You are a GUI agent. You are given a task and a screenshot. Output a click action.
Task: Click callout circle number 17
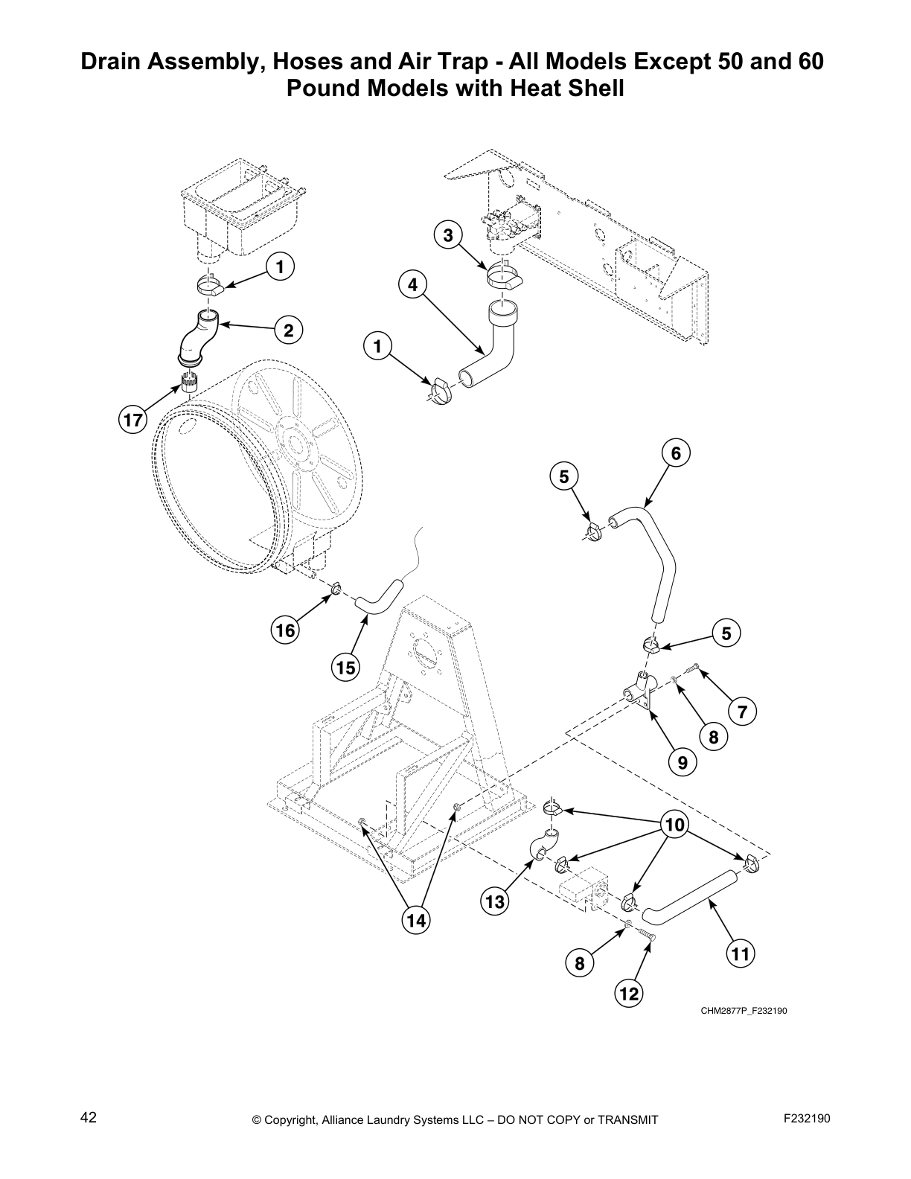coord(132,421)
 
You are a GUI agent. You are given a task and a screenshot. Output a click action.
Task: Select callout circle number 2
coord(288,330)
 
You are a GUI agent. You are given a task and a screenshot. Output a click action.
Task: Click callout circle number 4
coord(413,285)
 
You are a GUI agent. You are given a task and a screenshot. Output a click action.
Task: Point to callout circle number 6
coord(676,453)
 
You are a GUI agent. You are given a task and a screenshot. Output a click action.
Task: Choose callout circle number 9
coord(682,762)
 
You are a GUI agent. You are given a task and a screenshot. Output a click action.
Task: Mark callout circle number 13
coord(495,902)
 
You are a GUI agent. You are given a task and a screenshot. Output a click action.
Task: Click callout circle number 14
coord(416,921)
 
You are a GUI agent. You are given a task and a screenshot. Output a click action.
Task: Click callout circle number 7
coord(742,712)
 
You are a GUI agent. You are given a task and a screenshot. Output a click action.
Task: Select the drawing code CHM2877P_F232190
coord(743,1011)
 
